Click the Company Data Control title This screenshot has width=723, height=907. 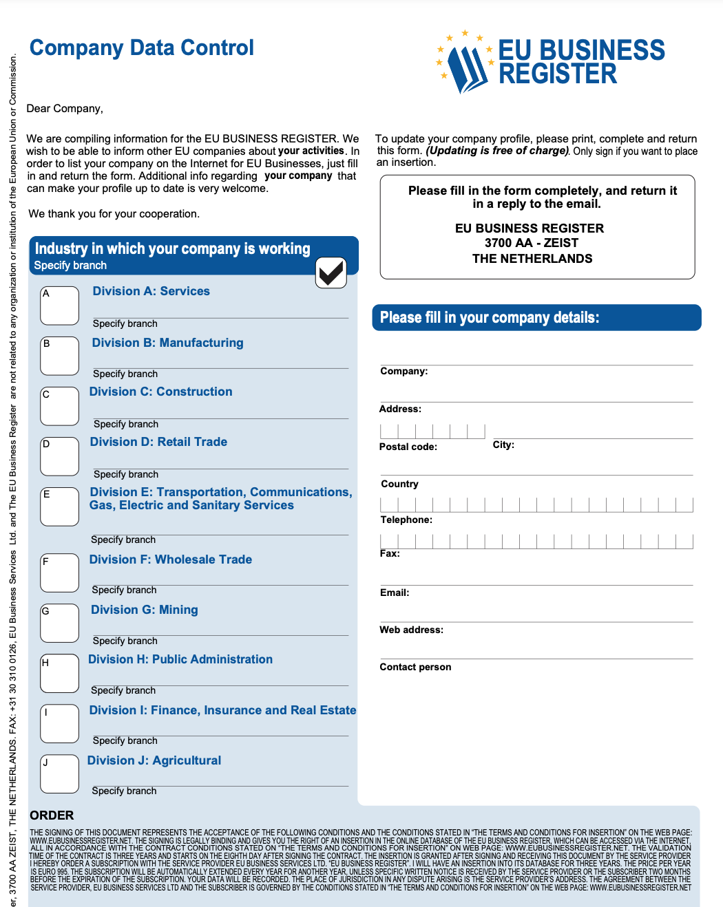(141, 47)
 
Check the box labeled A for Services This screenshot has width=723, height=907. (59, 306)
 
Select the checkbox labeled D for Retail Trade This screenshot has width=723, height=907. (59, 456)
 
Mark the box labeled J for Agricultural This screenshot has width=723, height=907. (59, 774)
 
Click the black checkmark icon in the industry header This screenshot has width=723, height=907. (331, 273)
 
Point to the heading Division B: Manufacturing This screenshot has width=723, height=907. (167, 343)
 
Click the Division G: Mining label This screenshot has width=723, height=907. (144, 610)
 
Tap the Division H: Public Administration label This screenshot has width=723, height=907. (180, 659)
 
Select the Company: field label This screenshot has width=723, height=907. (404, 371)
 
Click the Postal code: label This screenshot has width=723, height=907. (408, 447)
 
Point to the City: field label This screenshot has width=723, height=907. (503, 445)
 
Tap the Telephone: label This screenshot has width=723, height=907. (406, 520)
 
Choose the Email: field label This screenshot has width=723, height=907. (394, 593)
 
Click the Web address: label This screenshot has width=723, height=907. (411, 630)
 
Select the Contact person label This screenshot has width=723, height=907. (415, 667)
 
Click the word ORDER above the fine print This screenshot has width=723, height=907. (52, 815)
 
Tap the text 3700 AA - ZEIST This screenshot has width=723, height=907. (531, 243)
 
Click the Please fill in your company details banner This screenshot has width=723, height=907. (536, 317)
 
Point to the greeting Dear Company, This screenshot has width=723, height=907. (65, 109)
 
